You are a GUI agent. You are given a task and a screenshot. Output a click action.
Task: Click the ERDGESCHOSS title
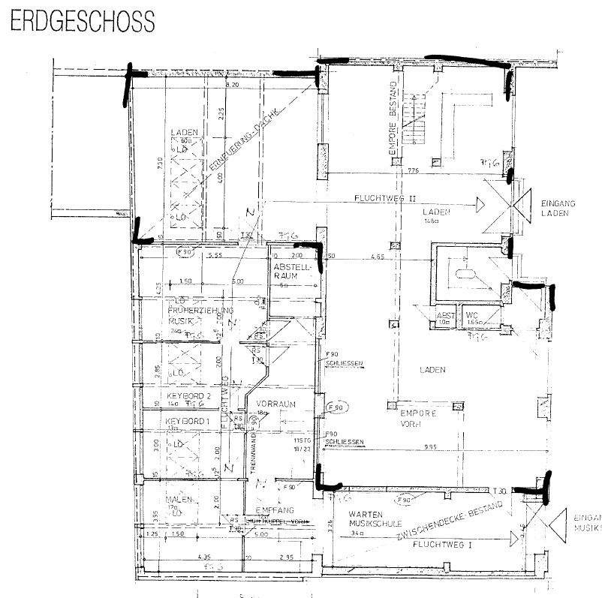point(83,22)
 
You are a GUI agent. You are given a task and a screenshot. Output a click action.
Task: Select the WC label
point(472,315)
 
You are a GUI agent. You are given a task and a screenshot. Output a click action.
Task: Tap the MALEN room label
point(180,500)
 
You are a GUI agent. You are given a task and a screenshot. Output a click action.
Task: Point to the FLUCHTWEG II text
point(384,200)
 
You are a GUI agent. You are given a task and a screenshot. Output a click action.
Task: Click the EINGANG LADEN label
point(556,208)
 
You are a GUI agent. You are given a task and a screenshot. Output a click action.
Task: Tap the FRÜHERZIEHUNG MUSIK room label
point(189,315)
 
